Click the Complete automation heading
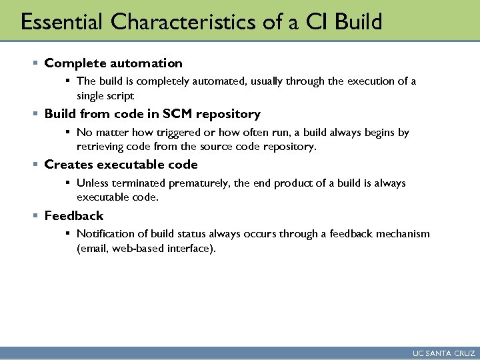coord(113,63)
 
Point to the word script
coord(119,95)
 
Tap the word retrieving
coord(99,147)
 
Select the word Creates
coord(69,165)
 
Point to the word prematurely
coord(198,183)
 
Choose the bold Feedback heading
coord(74,216)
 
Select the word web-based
coord(139,249)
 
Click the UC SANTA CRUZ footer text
coord(443,353)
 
